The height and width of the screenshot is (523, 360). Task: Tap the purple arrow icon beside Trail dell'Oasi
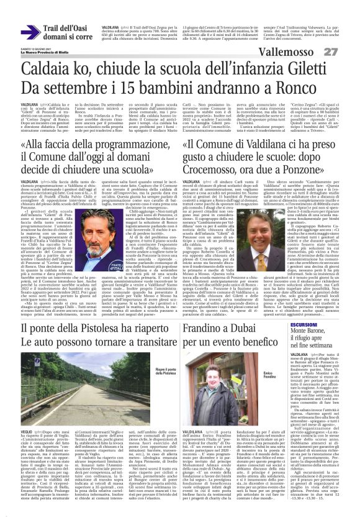(x=30, y=33)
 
